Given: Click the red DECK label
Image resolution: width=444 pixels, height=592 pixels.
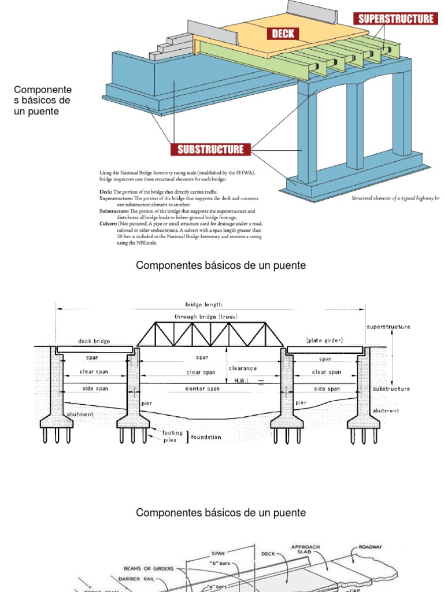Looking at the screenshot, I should tap(283, 34).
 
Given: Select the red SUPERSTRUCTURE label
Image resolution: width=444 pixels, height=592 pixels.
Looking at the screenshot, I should tap(396, 19).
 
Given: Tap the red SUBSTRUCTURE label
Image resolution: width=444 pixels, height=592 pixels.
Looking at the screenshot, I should tap(210, 150).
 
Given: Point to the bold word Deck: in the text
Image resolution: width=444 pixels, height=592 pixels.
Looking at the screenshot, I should tap(106, 191).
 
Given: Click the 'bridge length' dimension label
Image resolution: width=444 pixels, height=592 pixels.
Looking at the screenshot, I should tap(203, 305).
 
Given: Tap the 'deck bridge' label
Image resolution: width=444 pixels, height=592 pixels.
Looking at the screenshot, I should tap(94, 341).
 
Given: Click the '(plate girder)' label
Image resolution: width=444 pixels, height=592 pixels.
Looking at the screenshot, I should tap(324, 341).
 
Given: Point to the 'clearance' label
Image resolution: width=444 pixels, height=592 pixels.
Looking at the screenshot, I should tap(243, 368).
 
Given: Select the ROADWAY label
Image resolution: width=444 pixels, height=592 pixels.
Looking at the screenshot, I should tap(371, 546).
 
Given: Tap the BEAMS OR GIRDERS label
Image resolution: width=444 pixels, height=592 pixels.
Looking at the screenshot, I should tap(149, 568).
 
